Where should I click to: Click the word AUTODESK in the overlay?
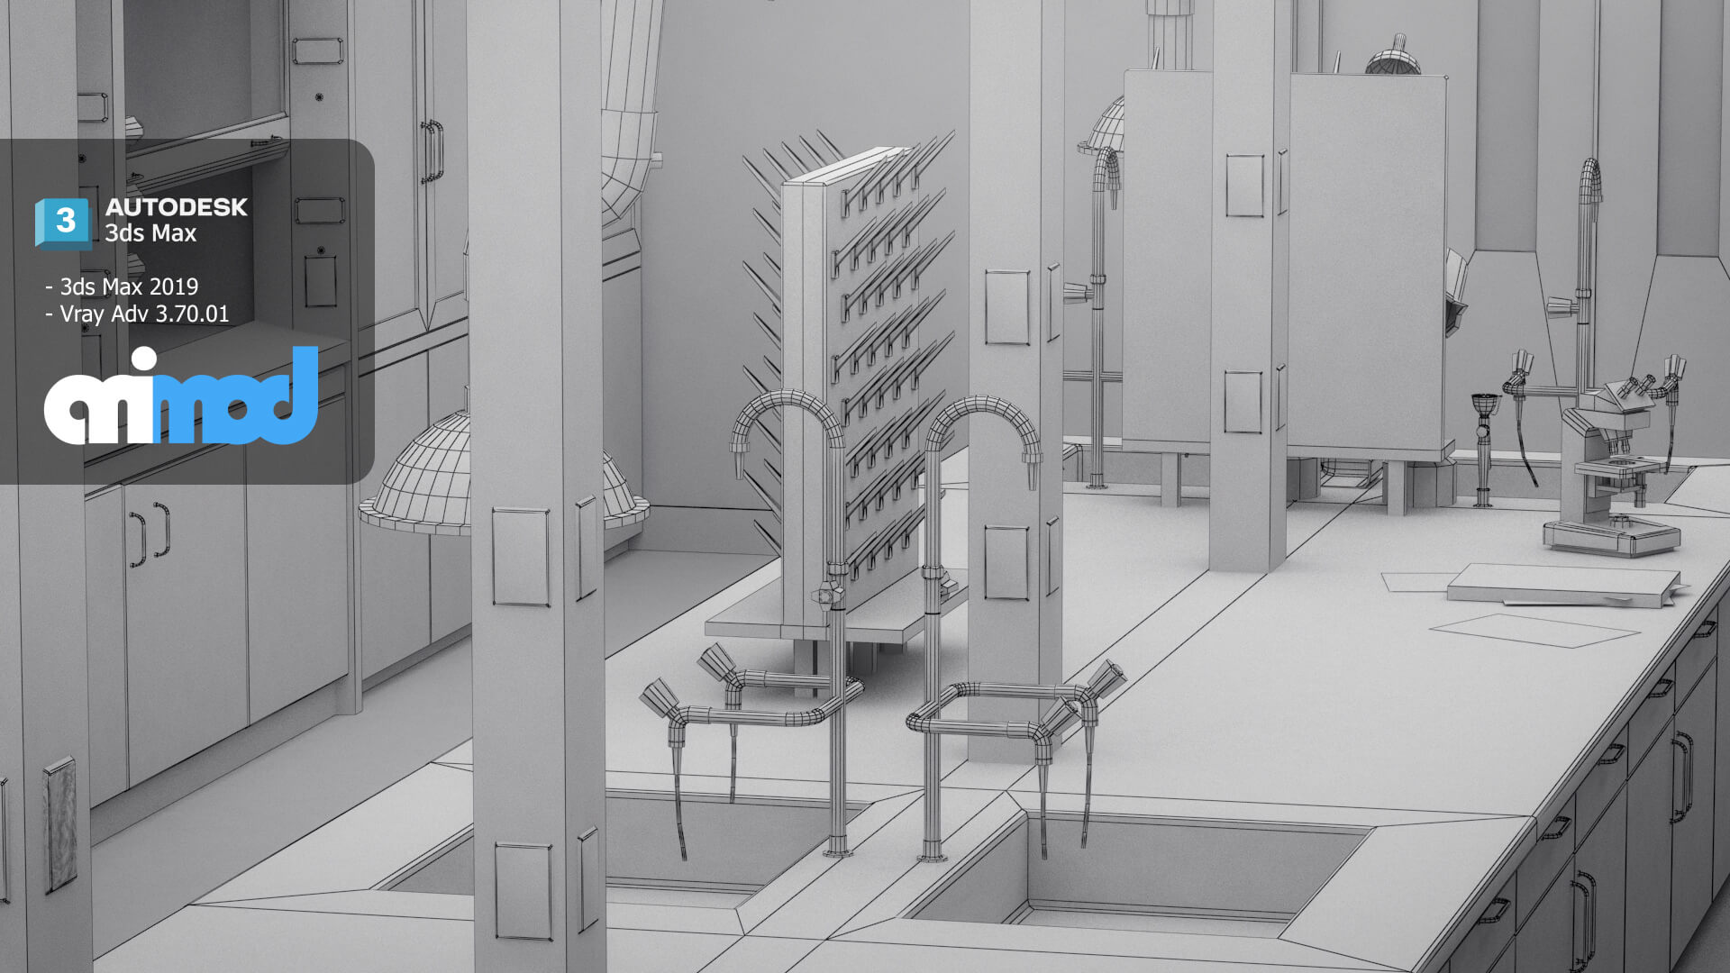point(177,207)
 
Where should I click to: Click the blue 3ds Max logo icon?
point(63,223)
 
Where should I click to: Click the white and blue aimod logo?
point(181,397)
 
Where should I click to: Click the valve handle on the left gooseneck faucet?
point(825,596)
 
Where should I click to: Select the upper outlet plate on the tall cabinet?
point(1244,185)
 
